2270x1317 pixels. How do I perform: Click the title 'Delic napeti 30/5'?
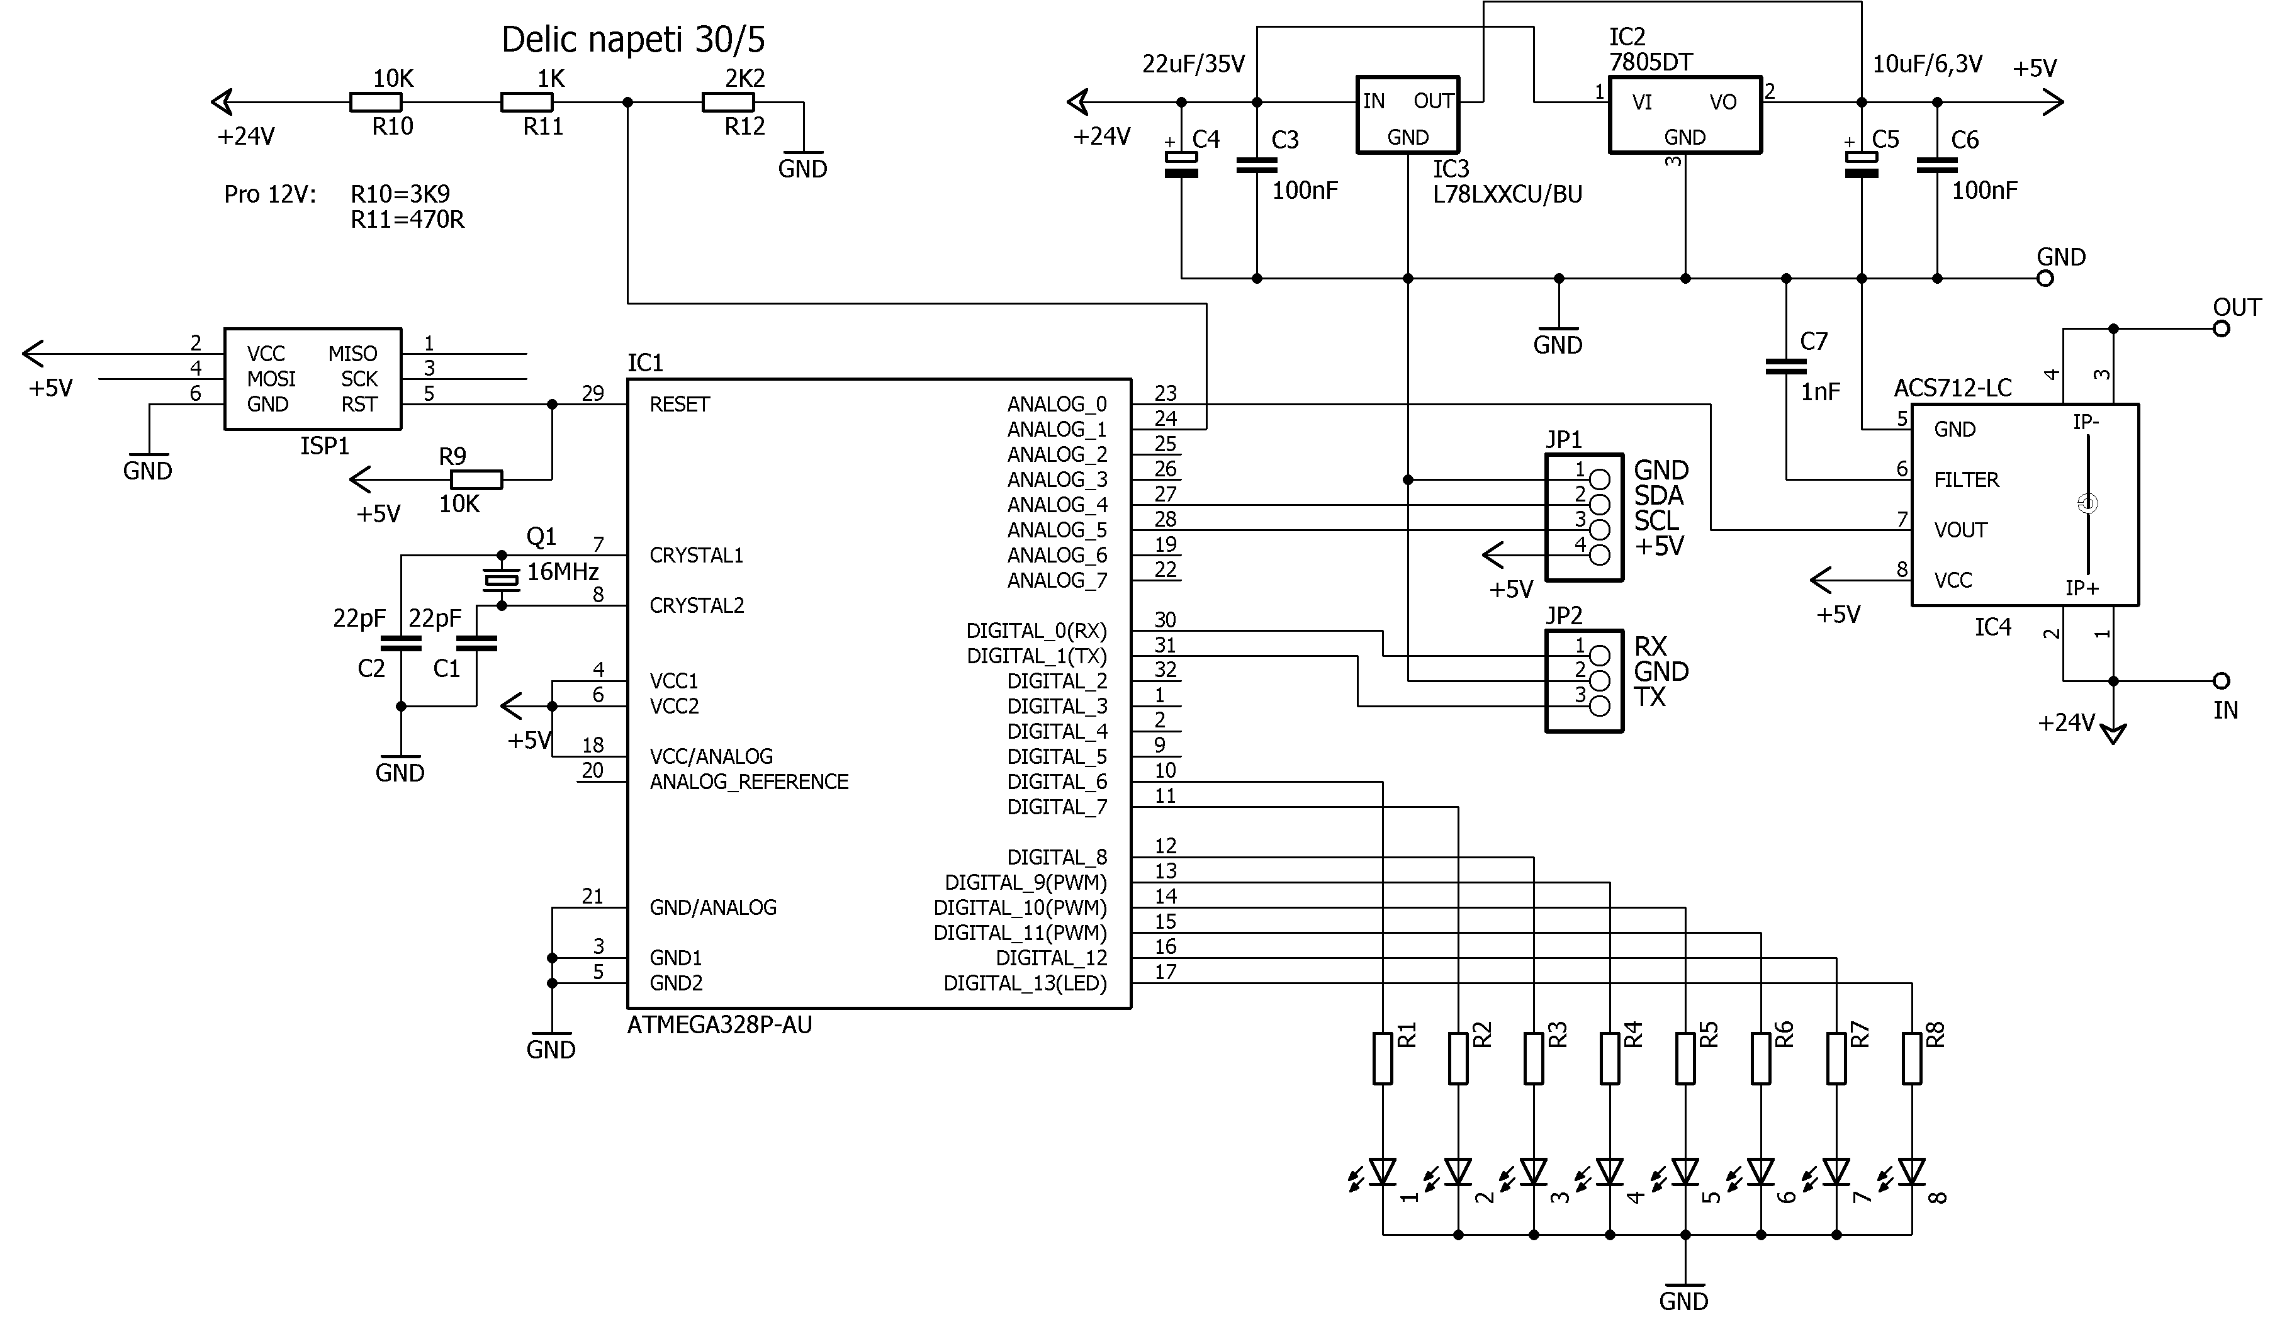pyautogui.click(x=632, y=40)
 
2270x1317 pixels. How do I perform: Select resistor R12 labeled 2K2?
pyautogui.click(x=728, y=103)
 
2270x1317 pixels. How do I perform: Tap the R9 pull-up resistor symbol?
pyautogui.click(x=476, y=480)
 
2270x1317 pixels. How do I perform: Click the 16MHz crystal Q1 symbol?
pyautogui.click(x=502, y=580)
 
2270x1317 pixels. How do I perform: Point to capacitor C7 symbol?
pyautogui.click(x=1785, y=366)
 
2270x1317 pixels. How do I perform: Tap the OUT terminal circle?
pyautogui.click(x=2222, y=329)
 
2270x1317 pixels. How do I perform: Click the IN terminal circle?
pyautogui.click(x=2222, y=681)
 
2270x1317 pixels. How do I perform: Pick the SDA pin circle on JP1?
pyautogui.click(x=1600, y=505)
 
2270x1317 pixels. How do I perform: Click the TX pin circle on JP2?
pyautogui.click(x=1600, y=705)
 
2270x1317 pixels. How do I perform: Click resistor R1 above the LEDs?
pyautogui.click(x=1383, y=1058)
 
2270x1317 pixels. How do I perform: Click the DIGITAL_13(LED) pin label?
pyautogui.click(x=1025, y=984)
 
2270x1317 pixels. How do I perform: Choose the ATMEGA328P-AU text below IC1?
pyautogui.click(x=720, y=1025)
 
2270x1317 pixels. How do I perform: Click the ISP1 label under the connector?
pyautogui.click(x=324, y=446)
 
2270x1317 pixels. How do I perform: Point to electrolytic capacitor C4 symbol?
pyautogui.click(x=1181, y=163)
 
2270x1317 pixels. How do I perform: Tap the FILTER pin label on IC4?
pyautogui.click(x=1967, y=480)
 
